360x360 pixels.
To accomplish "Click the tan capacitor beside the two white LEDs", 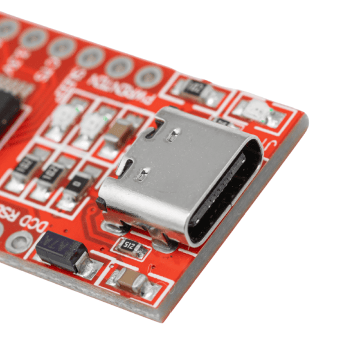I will (x=121, y=131).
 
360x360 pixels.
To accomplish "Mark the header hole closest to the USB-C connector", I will (x=148, y=76).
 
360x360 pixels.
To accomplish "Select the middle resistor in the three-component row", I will (x=53, y=174).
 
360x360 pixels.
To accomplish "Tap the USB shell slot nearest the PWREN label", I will (x=157, y=124).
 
